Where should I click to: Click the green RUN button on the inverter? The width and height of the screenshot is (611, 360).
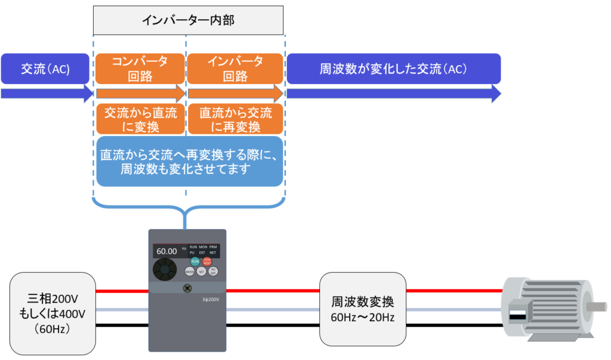[x=195, y=261]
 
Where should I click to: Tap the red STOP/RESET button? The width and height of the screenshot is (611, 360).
[x=208, y=261]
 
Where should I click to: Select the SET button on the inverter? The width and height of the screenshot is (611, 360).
[x=202, y=271]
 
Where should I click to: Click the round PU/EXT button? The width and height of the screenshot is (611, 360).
[x=213, y=271]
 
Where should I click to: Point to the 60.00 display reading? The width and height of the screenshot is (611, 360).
[x=166, y=251]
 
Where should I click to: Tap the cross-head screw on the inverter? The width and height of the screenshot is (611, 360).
[x=187, y=288]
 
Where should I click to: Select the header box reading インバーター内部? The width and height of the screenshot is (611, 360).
[x=188, y=21]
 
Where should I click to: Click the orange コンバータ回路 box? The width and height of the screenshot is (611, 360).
[x=140, y=69]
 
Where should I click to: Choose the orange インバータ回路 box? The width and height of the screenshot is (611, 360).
[x=235, y=69]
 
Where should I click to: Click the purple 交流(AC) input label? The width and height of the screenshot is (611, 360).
[x=45, y=69]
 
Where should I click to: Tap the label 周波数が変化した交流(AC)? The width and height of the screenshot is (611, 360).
[x=393, y=69]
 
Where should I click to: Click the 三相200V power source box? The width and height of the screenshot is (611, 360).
[x=53, y=312]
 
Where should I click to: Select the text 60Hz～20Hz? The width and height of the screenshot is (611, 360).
[x=363, y=316]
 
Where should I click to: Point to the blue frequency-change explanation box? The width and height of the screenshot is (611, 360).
[x=189, y=162]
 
